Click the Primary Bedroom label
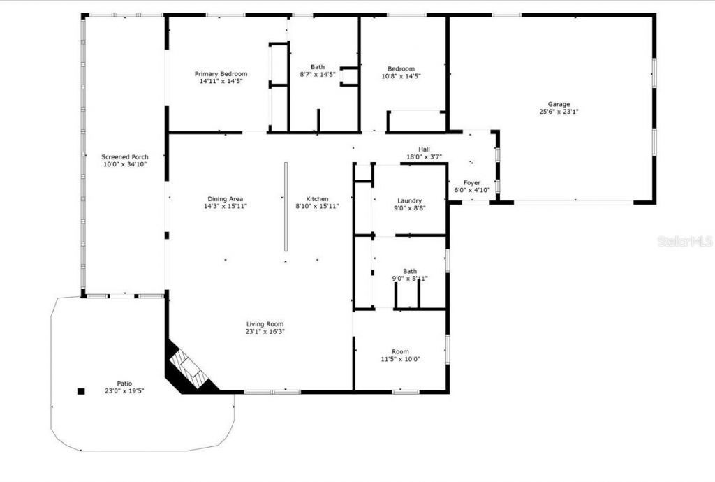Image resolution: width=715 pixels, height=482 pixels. (221, 74)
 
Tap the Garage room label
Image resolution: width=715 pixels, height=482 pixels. (559, 104)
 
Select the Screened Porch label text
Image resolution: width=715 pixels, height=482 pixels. (124, 157)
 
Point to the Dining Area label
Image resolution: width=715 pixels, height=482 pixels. (225, 199)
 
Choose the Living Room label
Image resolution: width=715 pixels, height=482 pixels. (265, 323)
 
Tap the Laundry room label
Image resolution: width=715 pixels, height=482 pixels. (409, 200)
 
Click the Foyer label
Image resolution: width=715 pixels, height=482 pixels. (472, 182)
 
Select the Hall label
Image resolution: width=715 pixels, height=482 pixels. (424, 149)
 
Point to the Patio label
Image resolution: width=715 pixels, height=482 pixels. (124, 384)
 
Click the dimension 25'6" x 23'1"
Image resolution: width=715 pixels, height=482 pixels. (559, 112)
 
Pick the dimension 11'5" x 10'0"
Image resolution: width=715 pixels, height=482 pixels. (400, 360)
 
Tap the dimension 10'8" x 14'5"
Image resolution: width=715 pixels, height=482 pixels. (401, 76)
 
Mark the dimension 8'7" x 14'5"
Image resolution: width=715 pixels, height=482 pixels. (318, 74)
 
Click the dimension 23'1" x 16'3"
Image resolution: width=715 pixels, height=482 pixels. (265, 331)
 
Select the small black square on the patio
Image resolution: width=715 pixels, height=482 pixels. (81, 391)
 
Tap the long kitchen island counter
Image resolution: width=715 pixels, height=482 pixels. (286, 207)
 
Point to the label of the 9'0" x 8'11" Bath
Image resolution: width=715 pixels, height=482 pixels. (409, 271)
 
